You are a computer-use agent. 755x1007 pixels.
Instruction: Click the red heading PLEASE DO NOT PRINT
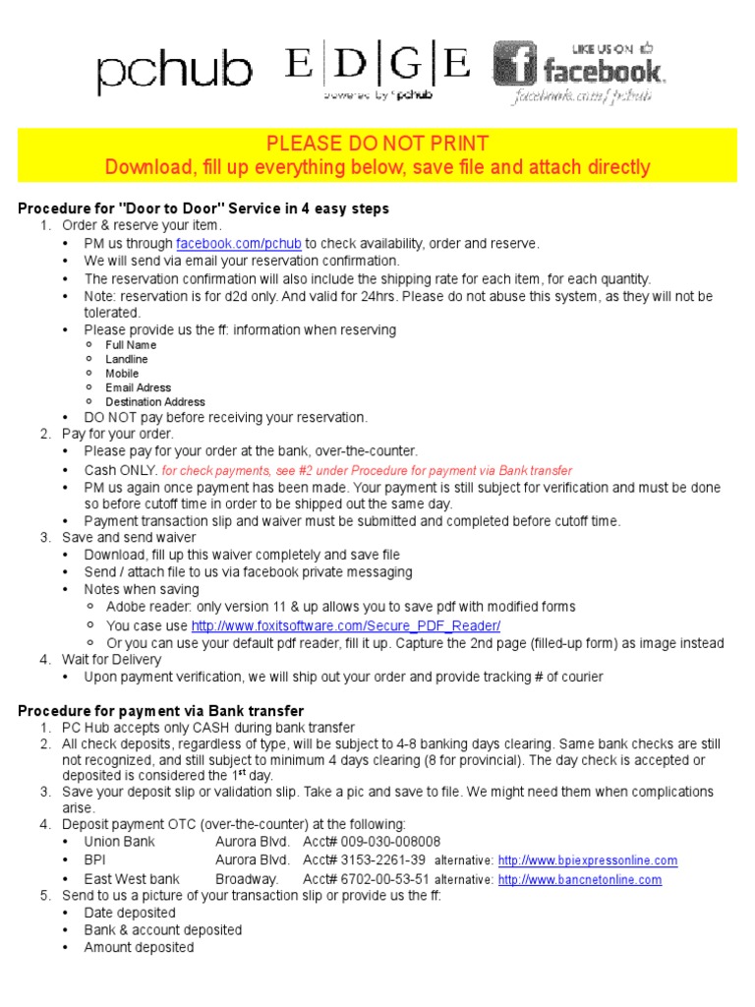coord(377,144)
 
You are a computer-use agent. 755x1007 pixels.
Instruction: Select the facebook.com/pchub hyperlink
coord(239,244)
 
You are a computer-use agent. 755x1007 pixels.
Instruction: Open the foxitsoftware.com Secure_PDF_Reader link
coord(346,626)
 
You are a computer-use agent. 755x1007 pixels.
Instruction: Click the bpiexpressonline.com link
coord(588,860)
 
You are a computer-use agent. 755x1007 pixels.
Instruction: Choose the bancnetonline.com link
coord(580,879)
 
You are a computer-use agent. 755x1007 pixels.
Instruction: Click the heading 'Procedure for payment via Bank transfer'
coord(161,711)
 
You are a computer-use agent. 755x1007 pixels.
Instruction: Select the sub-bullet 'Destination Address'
coord(155,402)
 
